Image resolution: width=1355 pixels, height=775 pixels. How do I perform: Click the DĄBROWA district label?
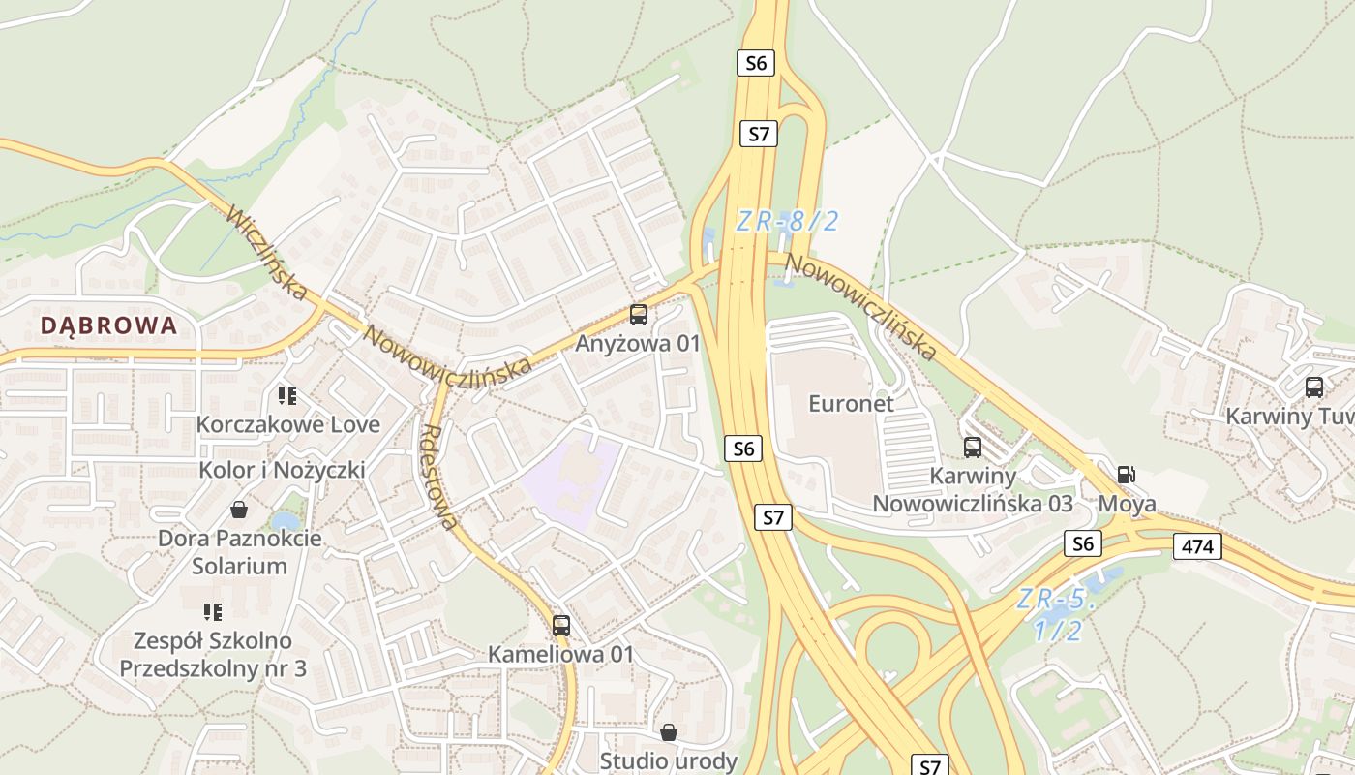[x=109, y=325]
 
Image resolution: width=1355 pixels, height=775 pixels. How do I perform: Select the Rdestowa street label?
[x=440, y=478]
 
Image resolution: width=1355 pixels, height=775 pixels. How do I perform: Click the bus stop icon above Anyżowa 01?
[x=639, y=314]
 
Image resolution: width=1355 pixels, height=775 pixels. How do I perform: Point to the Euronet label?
[x=852, y=404]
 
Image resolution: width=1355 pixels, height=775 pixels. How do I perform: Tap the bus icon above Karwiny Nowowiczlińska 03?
[x=973, y=448]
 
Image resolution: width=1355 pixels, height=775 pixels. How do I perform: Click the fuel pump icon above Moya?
[x=1126, y=475]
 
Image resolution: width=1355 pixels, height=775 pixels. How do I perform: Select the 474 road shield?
[x=1197, y=546]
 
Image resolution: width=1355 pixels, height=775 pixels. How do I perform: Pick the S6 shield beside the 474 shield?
[x=1083, y=544]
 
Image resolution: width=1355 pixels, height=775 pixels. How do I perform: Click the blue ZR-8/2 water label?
[x=787, y=222]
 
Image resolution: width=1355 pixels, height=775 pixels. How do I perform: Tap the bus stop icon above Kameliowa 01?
[x=561, y=626]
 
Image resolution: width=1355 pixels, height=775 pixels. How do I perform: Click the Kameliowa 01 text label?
[x=560, y=654]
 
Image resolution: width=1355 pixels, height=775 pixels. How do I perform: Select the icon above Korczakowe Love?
[x=287, y=395]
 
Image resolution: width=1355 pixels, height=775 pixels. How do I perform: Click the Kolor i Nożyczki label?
[x=282, y=471]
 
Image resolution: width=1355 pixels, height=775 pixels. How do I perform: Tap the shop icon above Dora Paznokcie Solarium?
[x=239, y=510]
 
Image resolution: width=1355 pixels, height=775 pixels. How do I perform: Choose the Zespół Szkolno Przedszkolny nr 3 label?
[x=213, y=655]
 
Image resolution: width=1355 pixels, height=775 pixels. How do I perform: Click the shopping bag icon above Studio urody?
[x=668, y=732]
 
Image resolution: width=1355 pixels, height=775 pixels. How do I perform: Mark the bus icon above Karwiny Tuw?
[x=1314, y=387]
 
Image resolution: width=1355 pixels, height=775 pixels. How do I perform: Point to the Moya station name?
[x=1127, y=505]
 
